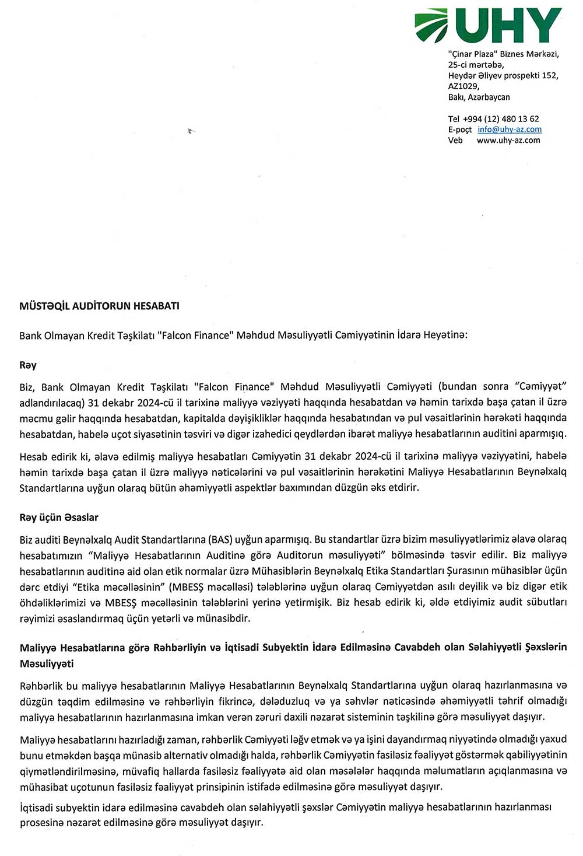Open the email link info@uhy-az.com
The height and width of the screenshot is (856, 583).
(x=509, y=130)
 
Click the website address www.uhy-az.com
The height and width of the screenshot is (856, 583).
(x=508, y=140)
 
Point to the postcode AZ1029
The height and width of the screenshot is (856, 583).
(x=463, y=86)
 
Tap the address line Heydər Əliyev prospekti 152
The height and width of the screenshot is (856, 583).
(x=503, y=75)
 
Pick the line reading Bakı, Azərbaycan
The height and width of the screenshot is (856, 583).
(x=479, y=97)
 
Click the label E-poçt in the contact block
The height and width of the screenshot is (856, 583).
(x=459, y=130)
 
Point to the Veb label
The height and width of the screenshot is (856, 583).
(x=455, y=140)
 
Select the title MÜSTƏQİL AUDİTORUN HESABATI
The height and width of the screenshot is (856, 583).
(x=99, y=305)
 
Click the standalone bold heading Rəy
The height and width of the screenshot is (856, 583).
(x=28, y=365)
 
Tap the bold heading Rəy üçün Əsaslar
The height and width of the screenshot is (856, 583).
(x=59, y=518)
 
